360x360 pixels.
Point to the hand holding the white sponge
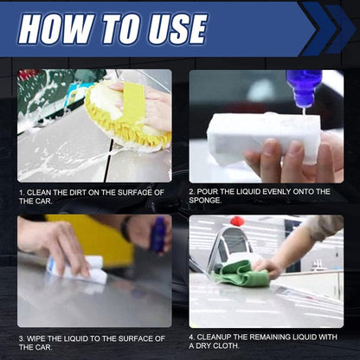pos(294,160)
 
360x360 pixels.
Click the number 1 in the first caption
pos(21,191)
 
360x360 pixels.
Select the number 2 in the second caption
pos(193,191)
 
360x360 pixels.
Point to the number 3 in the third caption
pos(21,337)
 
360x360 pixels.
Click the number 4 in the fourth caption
pos(193,337)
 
